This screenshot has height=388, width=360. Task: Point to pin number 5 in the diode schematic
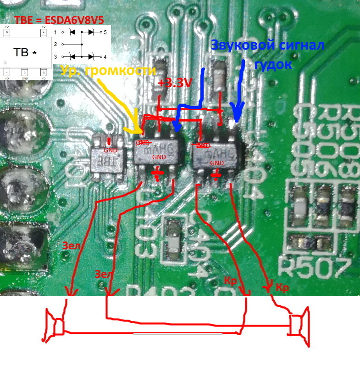(x=105, y=33)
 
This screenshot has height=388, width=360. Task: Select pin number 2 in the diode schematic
(x=55, y=45)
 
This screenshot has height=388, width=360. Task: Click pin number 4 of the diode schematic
(x=105, y=57)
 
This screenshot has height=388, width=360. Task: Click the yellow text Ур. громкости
(x=108, y=70)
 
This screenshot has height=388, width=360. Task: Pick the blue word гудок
(x=273, y=64)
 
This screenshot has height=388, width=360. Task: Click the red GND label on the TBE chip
(x=110, y=150)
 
